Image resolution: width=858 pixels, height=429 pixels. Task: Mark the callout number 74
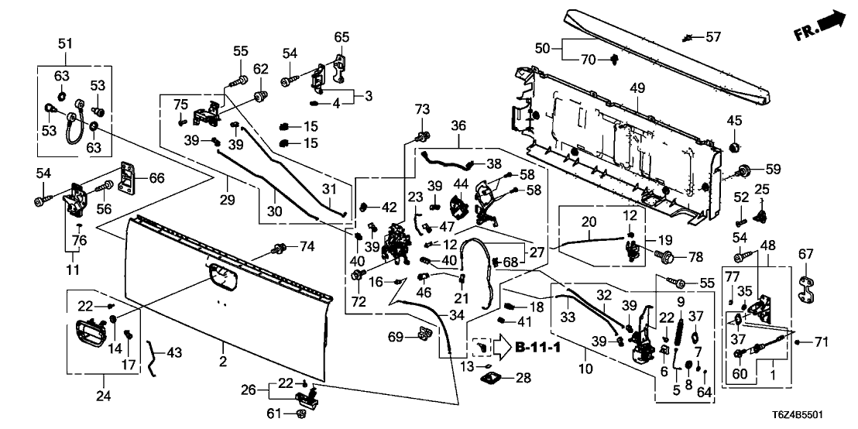(x=307, y=246)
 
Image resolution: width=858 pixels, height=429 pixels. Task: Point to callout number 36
(x=458, y=125)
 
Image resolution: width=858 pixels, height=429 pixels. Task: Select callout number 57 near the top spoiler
(x=712, y=36)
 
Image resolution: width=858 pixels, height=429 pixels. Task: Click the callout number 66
(x=156, y=178)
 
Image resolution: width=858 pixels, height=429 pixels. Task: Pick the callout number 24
(x=103, y=396)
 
